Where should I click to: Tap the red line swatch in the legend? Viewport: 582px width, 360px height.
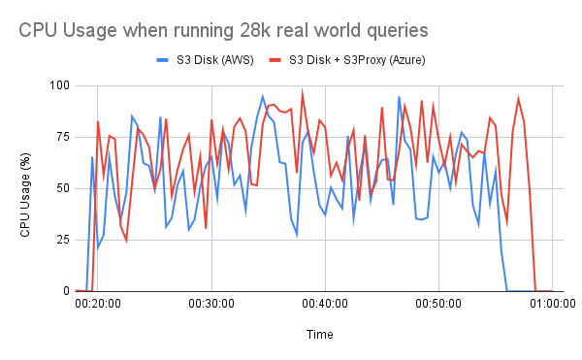point(276,61)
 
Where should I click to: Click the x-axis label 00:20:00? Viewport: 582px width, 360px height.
point(97,305)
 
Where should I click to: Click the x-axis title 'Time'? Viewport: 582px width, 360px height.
point(320,333)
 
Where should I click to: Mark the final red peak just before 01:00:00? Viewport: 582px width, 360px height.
point(518,98)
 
